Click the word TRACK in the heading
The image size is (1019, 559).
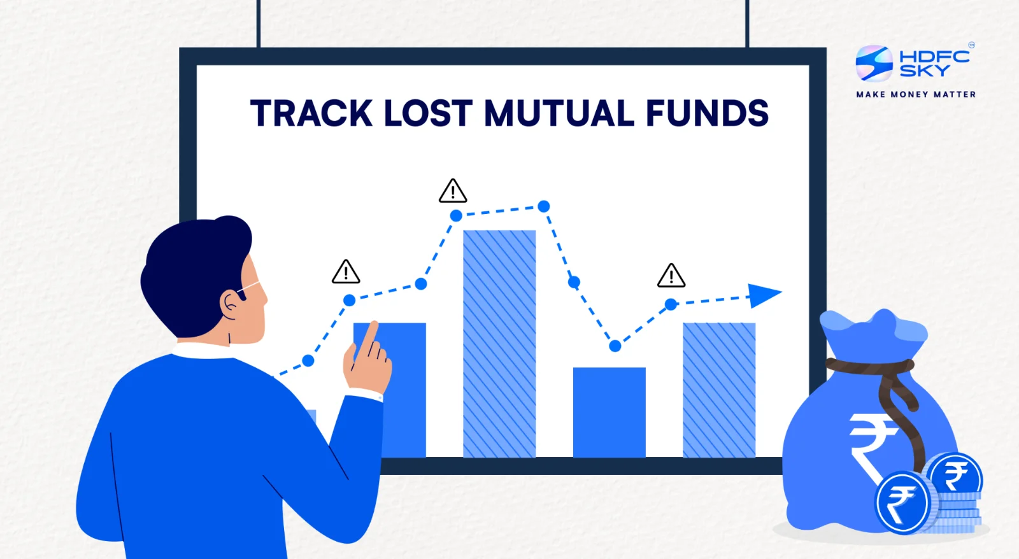click(311, 113)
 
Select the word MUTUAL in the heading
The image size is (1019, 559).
click(559, 113)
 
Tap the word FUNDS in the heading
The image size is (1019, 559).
click(708, 113)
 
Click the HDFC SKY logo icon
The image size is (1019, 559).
click(874, 63)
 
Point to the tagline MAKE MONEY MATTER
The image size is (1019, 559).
click(916, 95)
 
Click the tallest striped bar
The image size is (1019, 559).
click(499, 344)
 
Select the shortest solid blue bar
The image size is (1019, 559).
click(609, 412)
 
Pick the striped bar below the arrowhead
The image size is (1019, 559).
click(719, 390)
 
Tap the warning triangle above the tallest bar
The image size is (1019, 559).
click(453, 191)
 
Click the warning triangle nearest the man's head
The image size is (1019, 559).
click(346, 272)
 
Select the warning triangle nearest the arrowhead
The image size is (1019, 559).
click(671, 276)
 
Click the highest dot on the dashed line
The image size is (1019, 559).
click(544, 206)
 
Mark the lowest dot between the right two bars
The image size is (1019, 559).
click(615, 346)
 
